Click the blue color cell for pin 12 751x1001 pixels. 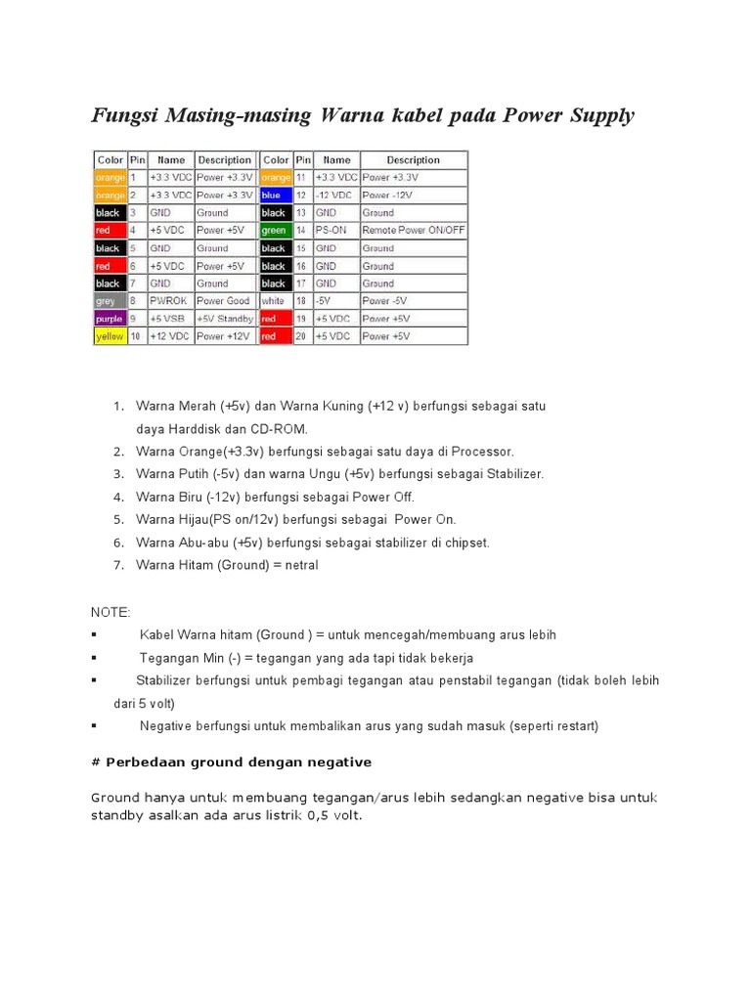click(x=275, y=195)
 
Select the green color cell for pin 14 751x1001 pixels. click(x=275, y=230)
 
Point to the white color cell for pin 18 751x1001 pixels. click(x=275, y=301)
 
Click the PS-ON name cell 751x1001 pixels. click(x=336, y=230)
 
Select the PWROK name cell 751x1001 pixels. click(x=170, y=301)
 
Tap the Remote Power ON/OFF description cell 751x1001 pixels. click(x=414, y=230)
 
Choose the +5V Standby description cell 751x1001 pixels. click(x=224, y=319)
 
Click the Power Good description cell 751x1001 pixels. click(x=224, y=301)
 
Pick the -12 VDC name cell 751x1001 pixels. click(x=336, y=195)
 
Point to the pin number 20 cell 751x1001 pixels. click(x=302, y=336)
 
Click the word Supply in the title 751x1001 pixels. click(x=597, y=116)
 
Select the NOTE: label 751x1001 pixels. click(x=110, y=612)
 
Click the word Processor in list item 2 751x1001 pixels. click(x=480, y=452)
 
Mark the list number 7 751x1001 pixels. click(x=118, y=565)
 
